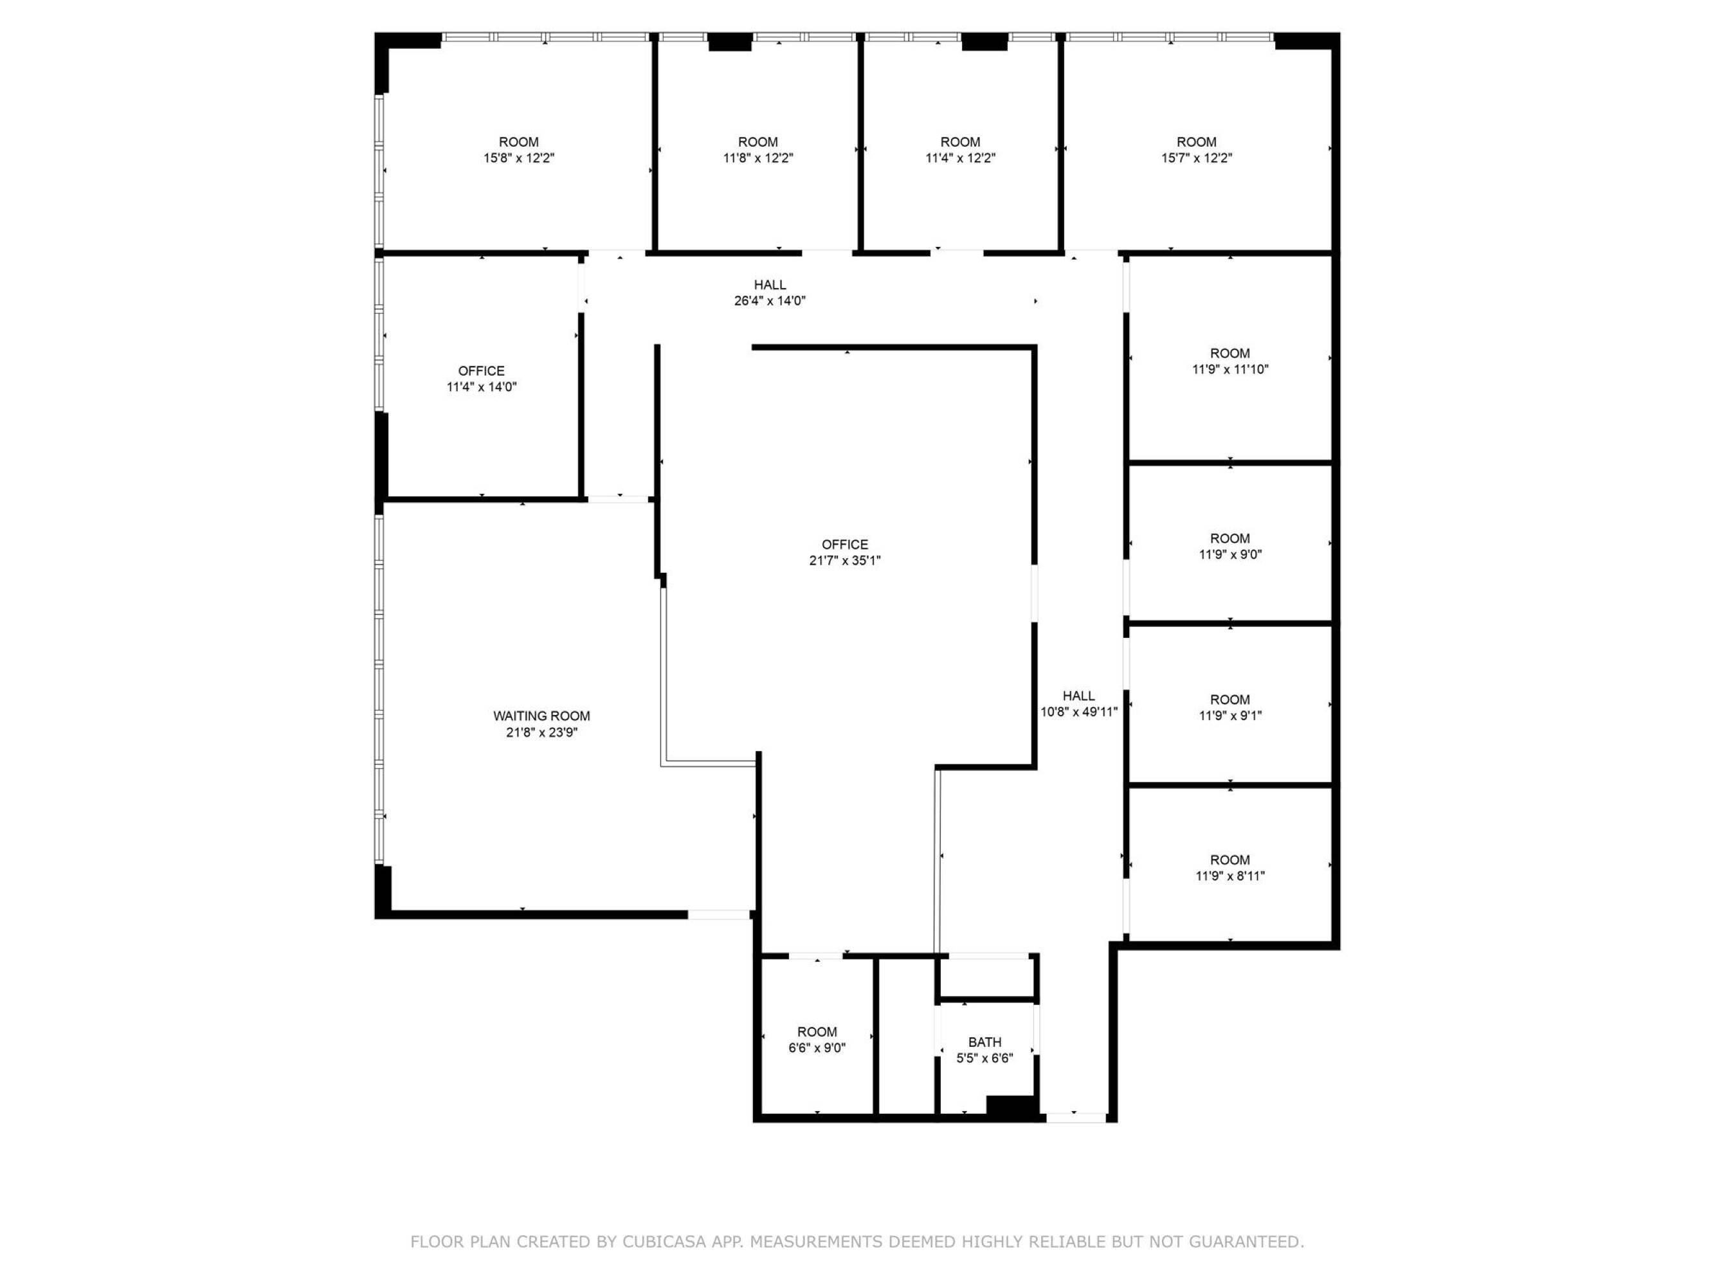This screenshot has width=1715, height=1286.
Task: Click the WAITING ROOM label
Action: tap(541, 716)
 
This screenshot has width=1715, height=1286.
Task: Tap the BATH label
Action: tap(985, 1042)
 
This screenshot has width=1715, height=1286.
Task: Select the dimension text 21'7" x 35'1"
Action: tap(845, 561)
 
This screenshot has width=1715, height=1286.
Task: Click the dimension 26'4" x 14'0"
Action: tap(770, 301)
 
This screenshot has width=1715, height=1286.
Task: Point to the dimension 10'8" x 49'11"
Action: tap(1078, 712)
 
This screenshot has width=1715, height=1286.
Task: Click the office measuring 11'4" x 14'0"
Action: tap(482, 377)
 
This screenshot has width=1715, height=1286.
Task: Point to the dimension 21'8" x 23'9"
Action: tap(541, 732)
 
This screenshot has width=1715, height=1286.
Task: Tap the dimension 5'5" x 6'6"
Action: tap(985, 1058)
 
